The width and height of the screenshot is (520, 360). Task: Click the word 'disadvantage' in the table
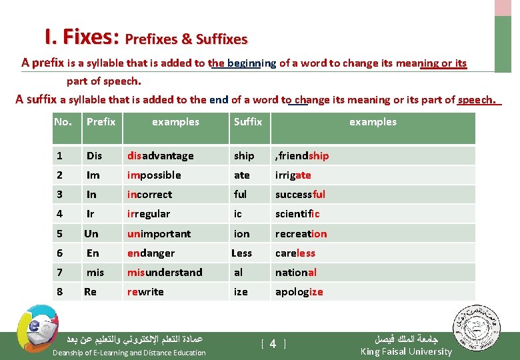tap(161, 156)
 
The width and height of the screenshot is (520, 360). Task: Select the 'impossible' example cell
tap(154, 175)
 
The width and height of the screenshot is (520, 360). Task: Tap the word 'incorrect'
tap(149, 195)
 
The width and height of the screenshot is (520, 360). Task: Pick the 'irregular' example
tap(149, 214)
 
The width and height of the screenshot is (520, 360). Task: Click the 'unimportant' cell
tap(159, 234)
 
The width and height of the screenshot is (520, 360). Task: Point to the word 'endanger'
tap(151, 253)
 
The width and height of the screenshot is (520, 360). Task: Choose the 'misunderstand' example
tap(165, 272)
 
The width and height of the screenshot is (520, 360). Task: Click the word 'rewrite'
tap(145, 291)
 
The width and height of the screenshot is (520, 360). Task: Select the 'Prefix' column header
tap(101, 122)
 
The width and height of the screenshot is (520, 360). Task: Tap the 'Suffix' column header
tap(248, 122)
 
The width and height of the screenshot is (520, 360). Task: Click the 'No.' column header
tap(63, 122)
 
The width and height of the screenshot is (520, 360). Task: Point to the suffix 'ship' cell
tap(244, 156)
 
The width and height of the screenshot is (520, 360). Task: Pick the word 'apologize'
tap(299, 292)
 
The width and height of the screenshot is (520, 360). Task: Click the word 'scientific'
tap(297, 214)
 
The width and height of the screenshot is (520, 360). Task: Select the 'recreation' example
tap(301, 234)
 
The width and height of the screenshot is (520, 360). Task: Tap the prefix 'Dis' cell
tap(94, 156)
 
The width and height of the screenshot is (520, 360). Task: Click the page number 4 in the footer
tap(273, 344)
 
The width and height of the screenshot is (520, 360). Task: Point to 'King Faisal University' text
tap(406, 351)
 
